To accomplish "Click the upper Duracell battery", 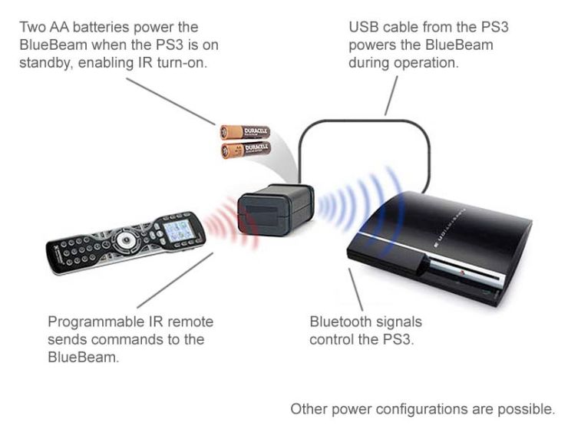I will tap(245, 133).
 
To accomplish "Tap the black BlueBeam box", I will tap(274, 209).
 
